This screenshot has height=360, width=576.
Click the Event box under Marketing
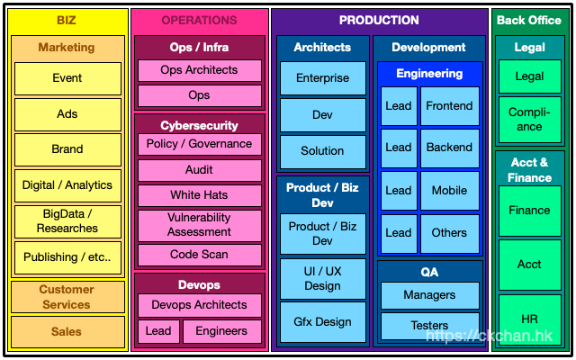tap(67, 78)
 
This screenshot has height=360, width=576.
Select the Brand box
tap(67, 149)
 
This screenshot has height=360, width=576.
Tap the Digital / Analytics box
tap(67, 185)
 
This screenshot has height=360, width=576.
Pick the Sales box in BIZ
tap(67, 331)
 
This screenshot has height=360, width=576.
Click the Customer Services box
tap(67, 297)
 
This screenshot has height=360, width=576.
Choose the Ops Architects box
tap(199, 70)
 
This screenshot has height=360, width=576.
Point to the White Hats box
tap(199, 195)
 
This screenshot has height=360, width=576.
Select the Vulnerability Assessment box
tap(199, 225)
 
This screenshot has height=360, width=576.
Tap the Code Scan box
tap(199, 255)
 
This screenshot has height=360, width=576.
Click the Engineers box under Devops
tap(221, 331)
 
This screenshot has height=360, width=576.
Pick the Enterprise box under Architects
tap(322, 78)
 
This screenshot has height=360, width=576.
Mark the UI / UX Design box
tap(322, 278)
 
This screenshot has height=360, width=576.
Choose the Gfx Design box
tap(322, 321)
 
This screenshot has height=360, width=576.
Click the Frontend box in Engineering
tap(449, 106)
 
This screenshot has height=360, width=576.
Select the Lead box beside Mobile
tap(399, 191)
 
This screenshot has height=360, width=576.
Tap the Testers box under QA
tap(429, 325)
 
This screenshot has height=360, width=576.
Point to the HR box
tap(529, 319)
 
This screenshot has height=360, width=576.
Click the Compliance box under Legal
tap(529, 120)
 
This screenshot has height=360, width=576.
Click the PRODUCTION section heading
tap(379, 20)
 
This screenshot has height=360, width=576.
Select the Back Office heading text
tap(529, 20)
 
